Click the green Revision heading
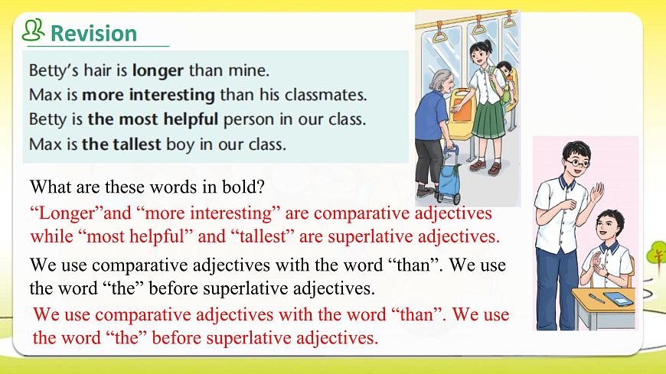click(x=93, y=34)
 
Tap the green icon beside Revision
click(x=33, y=31)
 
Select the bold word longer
click(x=158, y=71)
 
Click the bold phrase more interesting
click(x=148, y=96)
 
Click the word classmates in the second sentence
click(x=325, y=96)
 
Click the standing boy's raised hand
click(x=596, y=195)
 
